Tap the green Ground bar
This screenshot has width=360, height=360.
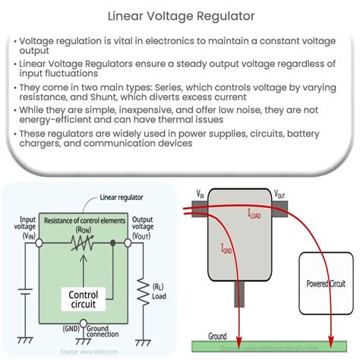click(x=273, y=346)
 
